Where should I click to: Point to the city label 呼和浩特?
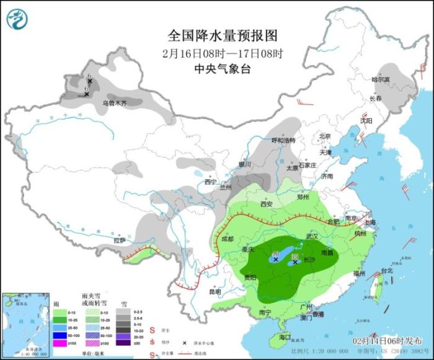285,140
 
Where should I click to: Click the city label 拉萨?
119,240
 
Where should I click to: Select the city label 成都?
226,238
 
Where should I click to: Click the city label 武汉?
311,236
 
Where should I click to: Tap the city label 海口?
285,337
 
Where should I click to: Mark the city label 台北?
386,271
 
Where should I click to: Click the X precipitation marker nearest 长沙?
295,262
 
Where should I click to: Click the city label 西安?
267,203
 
